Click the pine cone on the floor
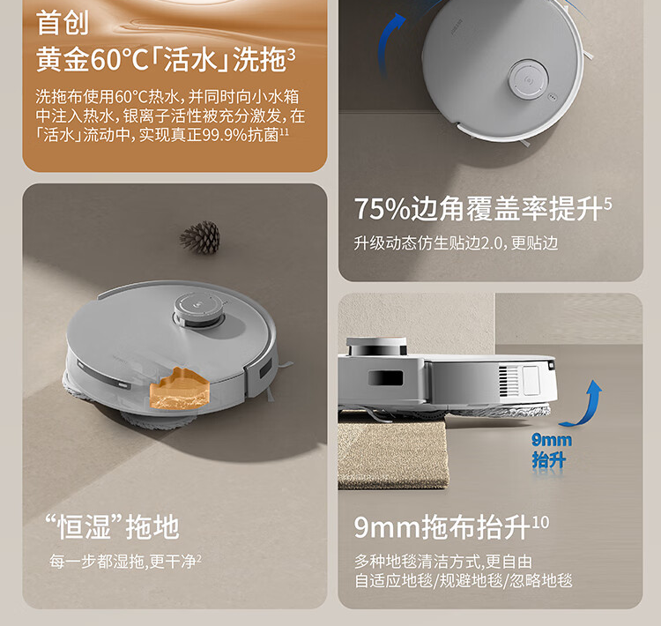click(201, 238)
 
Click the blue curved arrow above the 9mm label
click(583, 404)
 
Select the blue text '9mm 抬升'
click(550, 450)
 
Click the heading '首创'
click(63, 23)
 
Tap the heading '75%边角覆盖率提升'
click(478, 208)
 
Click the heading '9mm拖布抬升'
click(442, 527)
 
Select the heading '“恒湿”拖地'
click(112, 527)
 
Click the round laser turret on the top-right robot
click(528, 78)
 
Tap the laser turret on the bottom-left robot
click(198, 310)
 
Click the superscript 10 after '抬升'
click(540, 522)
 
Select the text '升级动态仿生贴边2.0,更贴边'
click(456, 243)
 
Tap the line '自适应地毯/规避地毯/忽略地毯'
click(464, 581)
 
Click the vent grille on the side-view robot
click(503, 381)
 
